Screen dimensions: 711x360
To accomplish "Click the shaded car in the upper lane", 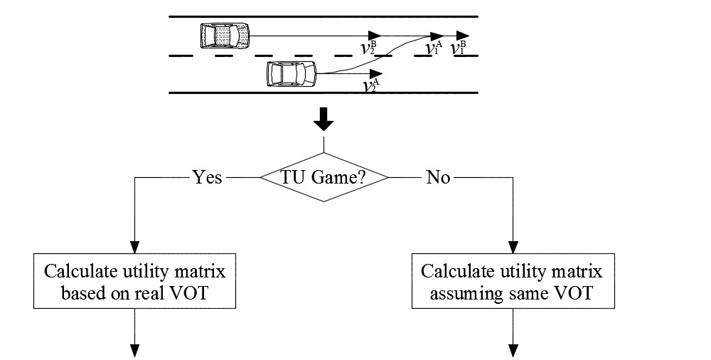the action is (225, 36).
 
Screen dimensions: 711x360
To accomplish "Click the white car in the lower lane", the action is (292, 73).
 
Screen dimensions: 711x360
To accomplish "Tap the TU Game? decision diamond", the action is (324, 177).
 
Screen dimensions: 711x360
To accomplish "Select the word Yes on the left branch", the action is (208, 177).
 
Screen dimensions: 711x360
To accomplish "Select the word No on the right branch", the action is (438, 177).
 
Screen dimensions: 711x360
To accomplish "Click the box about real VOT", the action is (134, 282).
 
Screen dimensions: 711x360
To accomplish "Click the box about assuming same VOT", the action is (513, 282).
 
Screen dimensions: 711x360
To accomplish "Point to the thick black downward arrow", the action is (324, 120).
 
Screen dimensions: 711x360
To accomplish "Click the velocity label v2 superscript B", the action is (369, 48).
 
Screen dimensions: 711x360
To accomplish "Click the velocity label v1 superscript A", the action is (434, 48).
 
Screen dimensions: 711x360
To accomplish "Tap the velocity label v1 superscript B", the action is (457, 48).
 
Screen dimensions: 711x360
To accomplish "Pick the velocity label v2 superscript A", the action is (372, 85).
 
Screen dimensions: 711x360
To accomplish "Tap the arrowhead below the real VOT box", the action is (134, 351).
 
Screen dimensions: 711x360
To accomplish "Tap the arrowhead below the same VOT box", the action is (513, 351).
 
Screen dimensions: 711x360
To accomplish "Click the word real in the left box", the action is (151, 293).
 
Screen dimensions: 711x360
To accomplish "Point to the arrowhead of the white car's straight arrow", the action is (376, 73).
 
